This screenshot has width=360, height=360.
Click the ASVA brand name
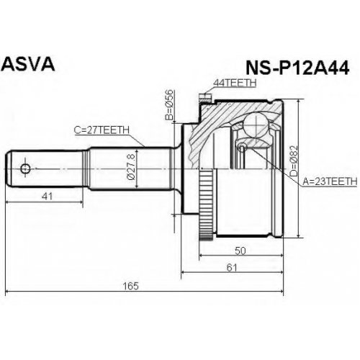28,64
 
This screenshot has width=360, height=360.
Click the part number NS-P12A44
297,68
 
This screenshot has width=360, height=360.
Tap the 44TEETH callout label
235,83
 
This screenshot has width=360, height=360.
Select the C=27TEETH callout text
102,130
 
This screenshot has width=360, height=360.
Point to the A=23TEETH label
330,181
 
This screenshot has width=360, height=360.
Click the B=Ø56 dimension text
169,104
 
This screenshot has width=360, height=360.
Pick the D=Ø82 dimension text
293,162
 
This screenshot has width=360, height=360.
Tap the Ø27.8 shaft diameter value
132,167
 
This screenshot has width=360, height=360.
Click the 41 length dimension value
47,197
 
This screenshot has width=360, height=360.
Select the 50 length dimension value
240,251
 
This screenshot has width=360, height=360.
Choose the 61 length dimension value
232,268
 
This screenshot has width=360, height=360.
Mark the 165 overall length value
130,286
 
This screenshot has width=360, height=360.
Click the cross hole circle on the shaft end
25,169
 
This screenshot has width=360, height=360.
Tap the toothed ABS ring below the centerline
206,204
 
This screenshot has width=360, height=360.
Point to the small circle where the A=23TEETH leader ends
242,147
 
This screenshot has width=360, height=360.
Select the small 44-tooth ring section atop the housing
205,98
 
